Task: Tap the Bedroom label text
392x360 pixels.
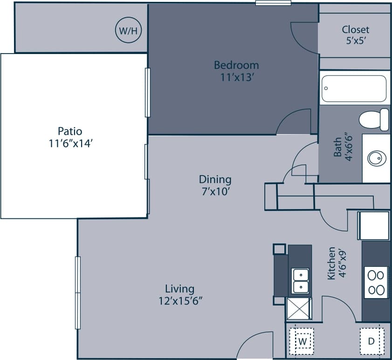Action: [x=236, y=65]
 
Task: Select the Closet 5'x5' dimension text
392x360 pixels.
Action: [x=355, y=41]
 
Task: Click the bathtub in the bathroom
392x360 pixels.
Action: [x=354, y=88]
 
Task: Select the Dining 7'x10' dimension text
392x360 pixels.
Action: [x=215, y=191]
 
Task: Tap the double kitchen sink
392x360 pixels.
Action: [x=301, y=281]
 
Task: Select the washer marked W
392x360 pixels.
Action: [x=302, y=341]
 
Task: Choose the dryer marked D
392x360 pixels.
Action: [x=371, y=341]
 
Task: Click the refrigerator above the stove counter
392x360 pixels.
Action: [x=373, y=226]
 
